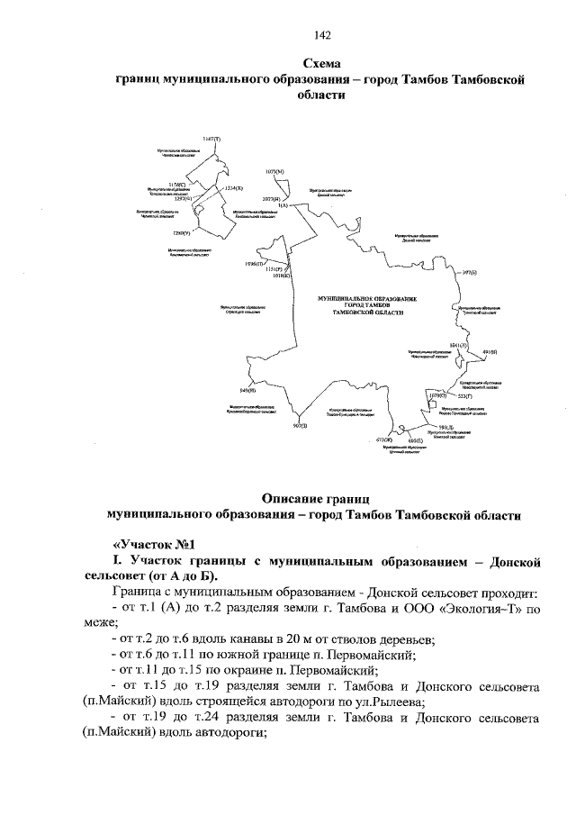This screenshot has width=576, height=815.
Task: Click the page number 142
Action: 323,35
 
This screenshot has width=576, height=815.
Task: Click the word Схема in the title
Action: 322,65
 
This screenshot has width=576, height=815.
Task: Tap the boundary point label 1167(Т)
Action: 211,139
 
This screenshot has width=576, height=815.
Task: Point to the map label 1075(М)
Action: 274,170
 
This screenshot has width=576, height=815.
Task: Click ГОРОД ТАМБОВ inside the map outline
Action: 369,304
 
